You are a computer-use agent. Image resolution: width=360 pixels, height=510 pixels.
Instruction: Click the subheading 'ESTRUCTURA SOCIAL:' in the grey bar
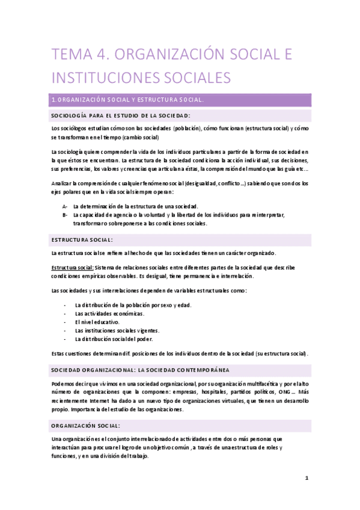pyautogui.click(x=82, y=239)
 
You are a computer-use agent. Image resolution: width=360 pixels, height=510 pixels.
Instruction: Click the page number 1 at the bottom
pyautogui.click(x=306, y=478)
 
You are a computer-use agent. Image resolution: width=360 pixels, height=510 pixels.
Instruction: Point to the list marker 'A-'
pyautogui.click(x=65, y=206)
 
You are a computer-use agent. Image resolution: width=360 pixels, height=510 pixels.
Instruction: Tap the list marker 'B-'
pyautogui.click(x=65, y=214)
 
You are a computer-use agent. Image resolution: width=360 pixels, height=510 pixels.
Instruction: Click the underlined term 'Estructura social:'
pyautogui.click(x=72, y=267)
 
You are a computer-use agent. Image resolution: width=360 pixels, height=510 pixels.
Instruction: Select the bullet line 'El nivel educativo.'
pyautogui.click(x=97, y=322)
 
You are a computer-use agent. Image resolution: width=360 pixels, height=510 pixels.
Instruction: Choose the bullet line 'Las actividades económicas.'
pyautogui.click(x=109, y=313)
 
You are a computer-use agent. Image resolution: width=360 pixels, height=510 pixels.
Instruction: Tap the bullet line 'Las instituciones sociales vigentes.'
pyautogui.click(x=117, y=330)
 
